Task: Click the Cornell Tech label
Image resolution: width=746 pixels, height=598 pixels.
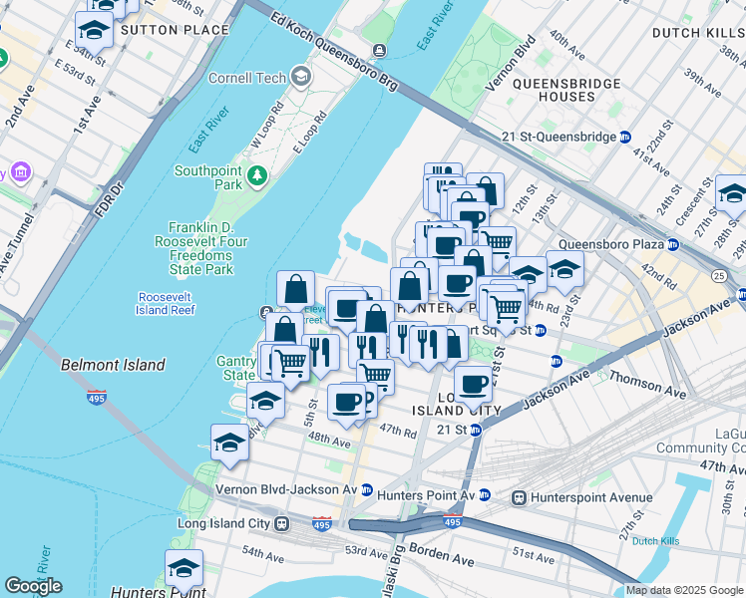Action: [246, 78]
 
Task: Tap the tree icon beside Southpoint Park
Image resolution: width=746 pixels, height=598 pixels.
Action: [258, 176]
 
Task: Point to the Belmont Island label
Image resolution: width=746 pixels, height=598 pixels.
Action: [113, 365]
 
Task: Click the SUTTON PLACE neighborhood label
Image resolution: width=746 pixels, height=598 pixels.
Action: [161, 30]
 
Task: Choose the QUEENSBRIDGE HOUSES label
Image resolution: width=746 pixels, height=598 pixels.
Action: [554, 91]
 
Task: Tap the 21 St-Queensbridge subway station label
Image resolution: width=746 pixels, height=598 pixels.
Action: [563, 137]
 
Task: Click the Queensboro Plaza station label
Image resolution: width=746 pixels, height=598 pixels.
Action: [610, 244]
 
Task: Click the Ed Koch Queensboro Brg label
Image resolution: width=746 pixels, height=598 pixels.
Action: [330, 56]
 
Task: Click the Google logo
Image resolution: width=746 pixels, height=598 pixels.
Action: [33, 585]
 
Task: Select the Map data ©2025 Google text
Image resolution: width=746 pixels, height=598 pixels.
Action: [683, 590]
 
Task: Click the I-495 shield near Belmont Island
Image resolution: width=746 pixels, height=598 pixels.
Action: [97, 397]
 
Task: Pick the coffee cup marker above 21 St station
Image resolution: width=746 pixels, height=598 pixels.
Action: [473, 383]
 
